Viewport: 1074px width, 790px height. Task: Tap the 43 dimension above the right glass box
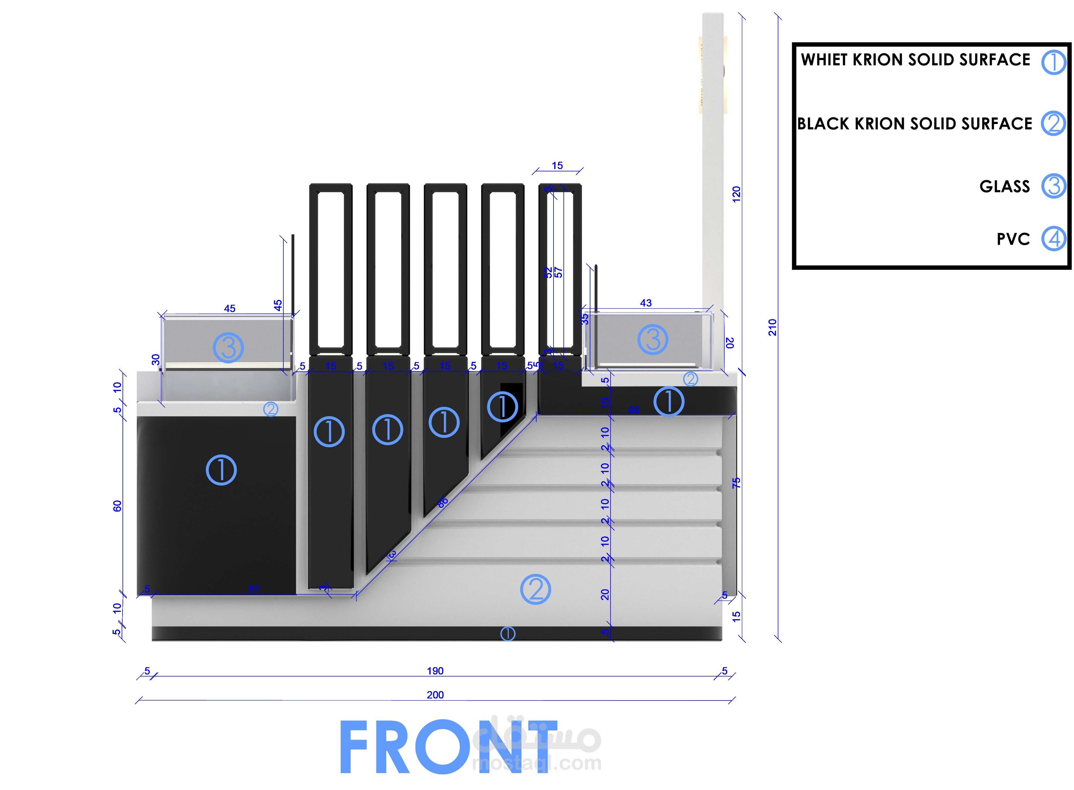(x=645, y=303)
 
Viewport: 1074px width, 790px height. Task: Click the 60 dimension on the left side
(x=117, y=506)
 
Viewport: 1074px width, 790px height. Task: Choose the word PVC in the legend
(x=1013, y=239)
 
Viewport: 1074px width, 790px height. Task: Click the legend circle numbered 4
(x=1054, y=239)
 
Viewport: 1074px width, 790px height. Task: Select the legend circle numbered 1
(x=1054, y=62)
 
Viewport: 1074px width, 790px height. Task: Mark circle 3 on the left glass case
(x=228, y=348)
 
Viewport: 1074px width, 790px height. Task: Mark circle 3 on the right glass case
(x=652, y=340)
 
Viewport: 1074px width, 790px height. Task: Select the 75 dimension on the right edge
(x=736, y=483)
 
